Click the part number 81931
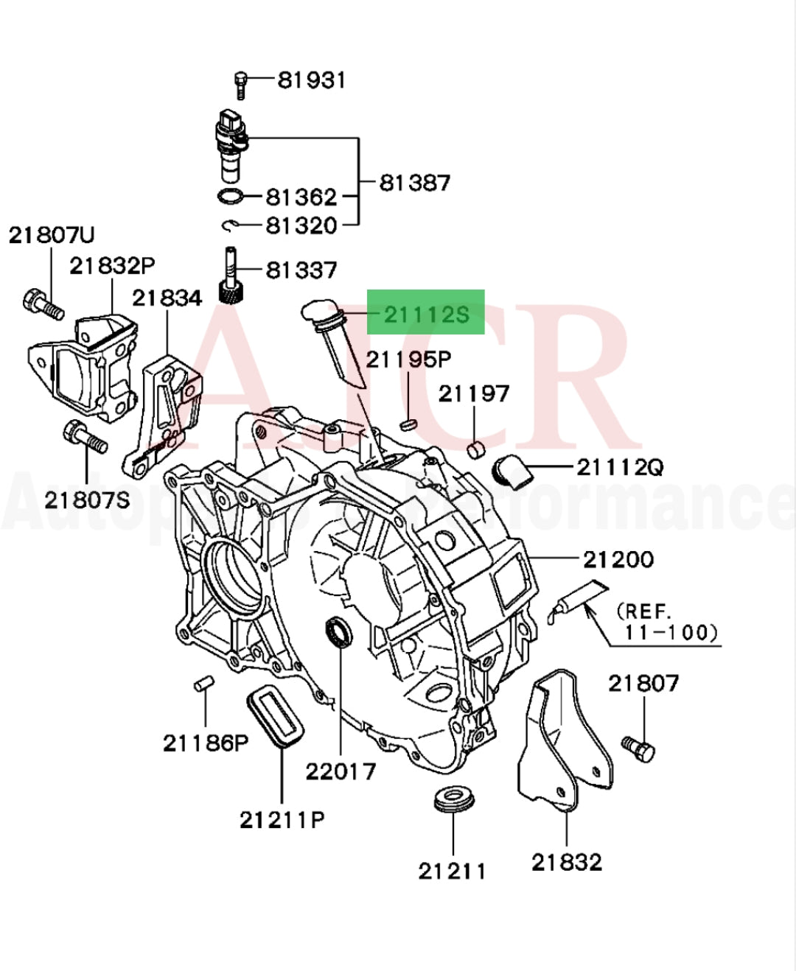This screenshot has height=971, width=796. click(311, 80)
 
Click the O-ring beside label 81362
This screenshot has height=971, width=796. click(231, 197)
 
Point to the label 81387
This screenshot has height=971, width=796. click(414, 182)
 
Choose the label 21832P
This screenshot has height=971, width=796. click(112, 266)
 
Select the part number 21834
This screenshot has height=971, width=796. click(167, 298)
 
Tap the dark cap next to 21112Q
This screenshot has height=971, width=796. click(512, 470)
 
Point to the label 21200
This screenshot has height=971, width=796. click(618, 559)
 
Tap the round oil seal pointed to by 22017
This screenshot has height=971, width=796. click(339, 632)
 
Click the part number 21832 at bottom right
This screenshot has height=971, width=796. click(566, 861)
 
